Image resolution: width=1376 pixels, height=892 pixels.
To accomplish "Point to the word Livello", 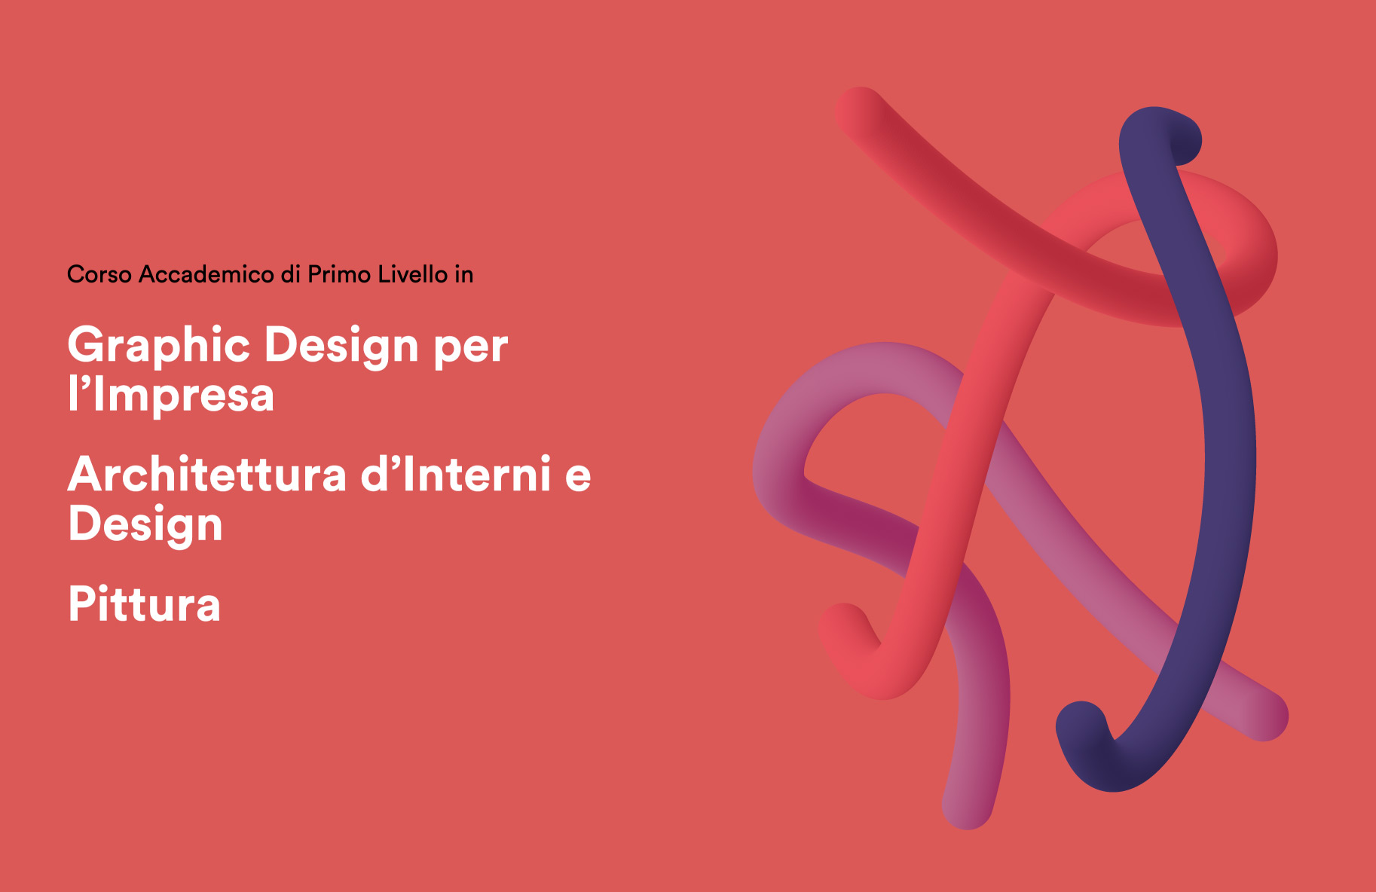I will point(413,274).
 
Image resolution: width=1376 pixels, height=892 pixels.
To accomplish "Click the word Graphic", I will point(158,347).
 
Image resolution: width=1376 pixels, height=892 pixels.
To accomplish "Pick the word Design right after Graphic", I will point(341,347).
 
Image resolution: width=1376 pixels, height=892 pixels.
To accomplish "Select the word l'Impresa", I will point(171,395).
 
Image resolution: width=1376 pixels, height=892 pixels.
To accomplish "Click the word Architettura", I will point(208,475).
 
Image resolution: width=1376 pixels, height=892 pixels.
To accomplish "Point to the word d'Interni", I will point(456,475).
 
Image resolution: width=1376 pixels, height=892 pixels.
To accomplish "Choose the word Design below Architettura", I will point(145,524).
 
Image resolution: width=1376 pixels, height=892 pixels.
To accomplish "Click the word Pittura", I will point(145,604).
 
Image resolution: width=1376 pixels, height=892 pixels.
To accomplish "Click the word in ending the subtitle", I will point(463,274).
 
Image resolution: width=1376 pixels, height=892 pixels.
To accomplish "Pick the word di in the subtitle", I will point(291,274).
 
